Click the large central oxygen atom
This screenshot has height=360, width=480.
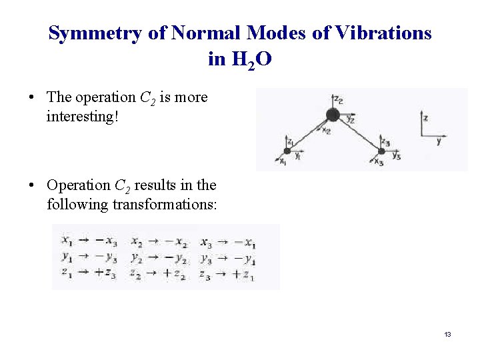[333, 115]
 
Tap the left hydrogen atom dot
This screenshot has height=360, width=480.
[287, 151]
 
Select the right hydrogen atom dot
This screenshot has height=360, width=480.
[381, 151]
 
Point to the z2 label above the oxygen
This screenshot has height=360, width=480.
[338, 101]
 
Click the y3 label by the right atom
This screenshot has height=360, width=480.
[396, 156]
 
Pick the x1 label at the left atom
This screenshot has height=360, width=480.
[282, 161]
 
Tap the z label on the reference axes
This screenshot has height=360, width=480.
[426, 118]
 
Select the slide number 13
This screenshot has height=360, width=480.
[447, 334]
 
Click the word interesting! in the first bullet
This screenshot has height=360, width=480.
[82, 116]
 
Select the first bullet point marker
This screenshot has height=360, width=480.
[31, 97]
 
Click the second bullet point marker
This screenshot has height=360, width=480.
[31, 185]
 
